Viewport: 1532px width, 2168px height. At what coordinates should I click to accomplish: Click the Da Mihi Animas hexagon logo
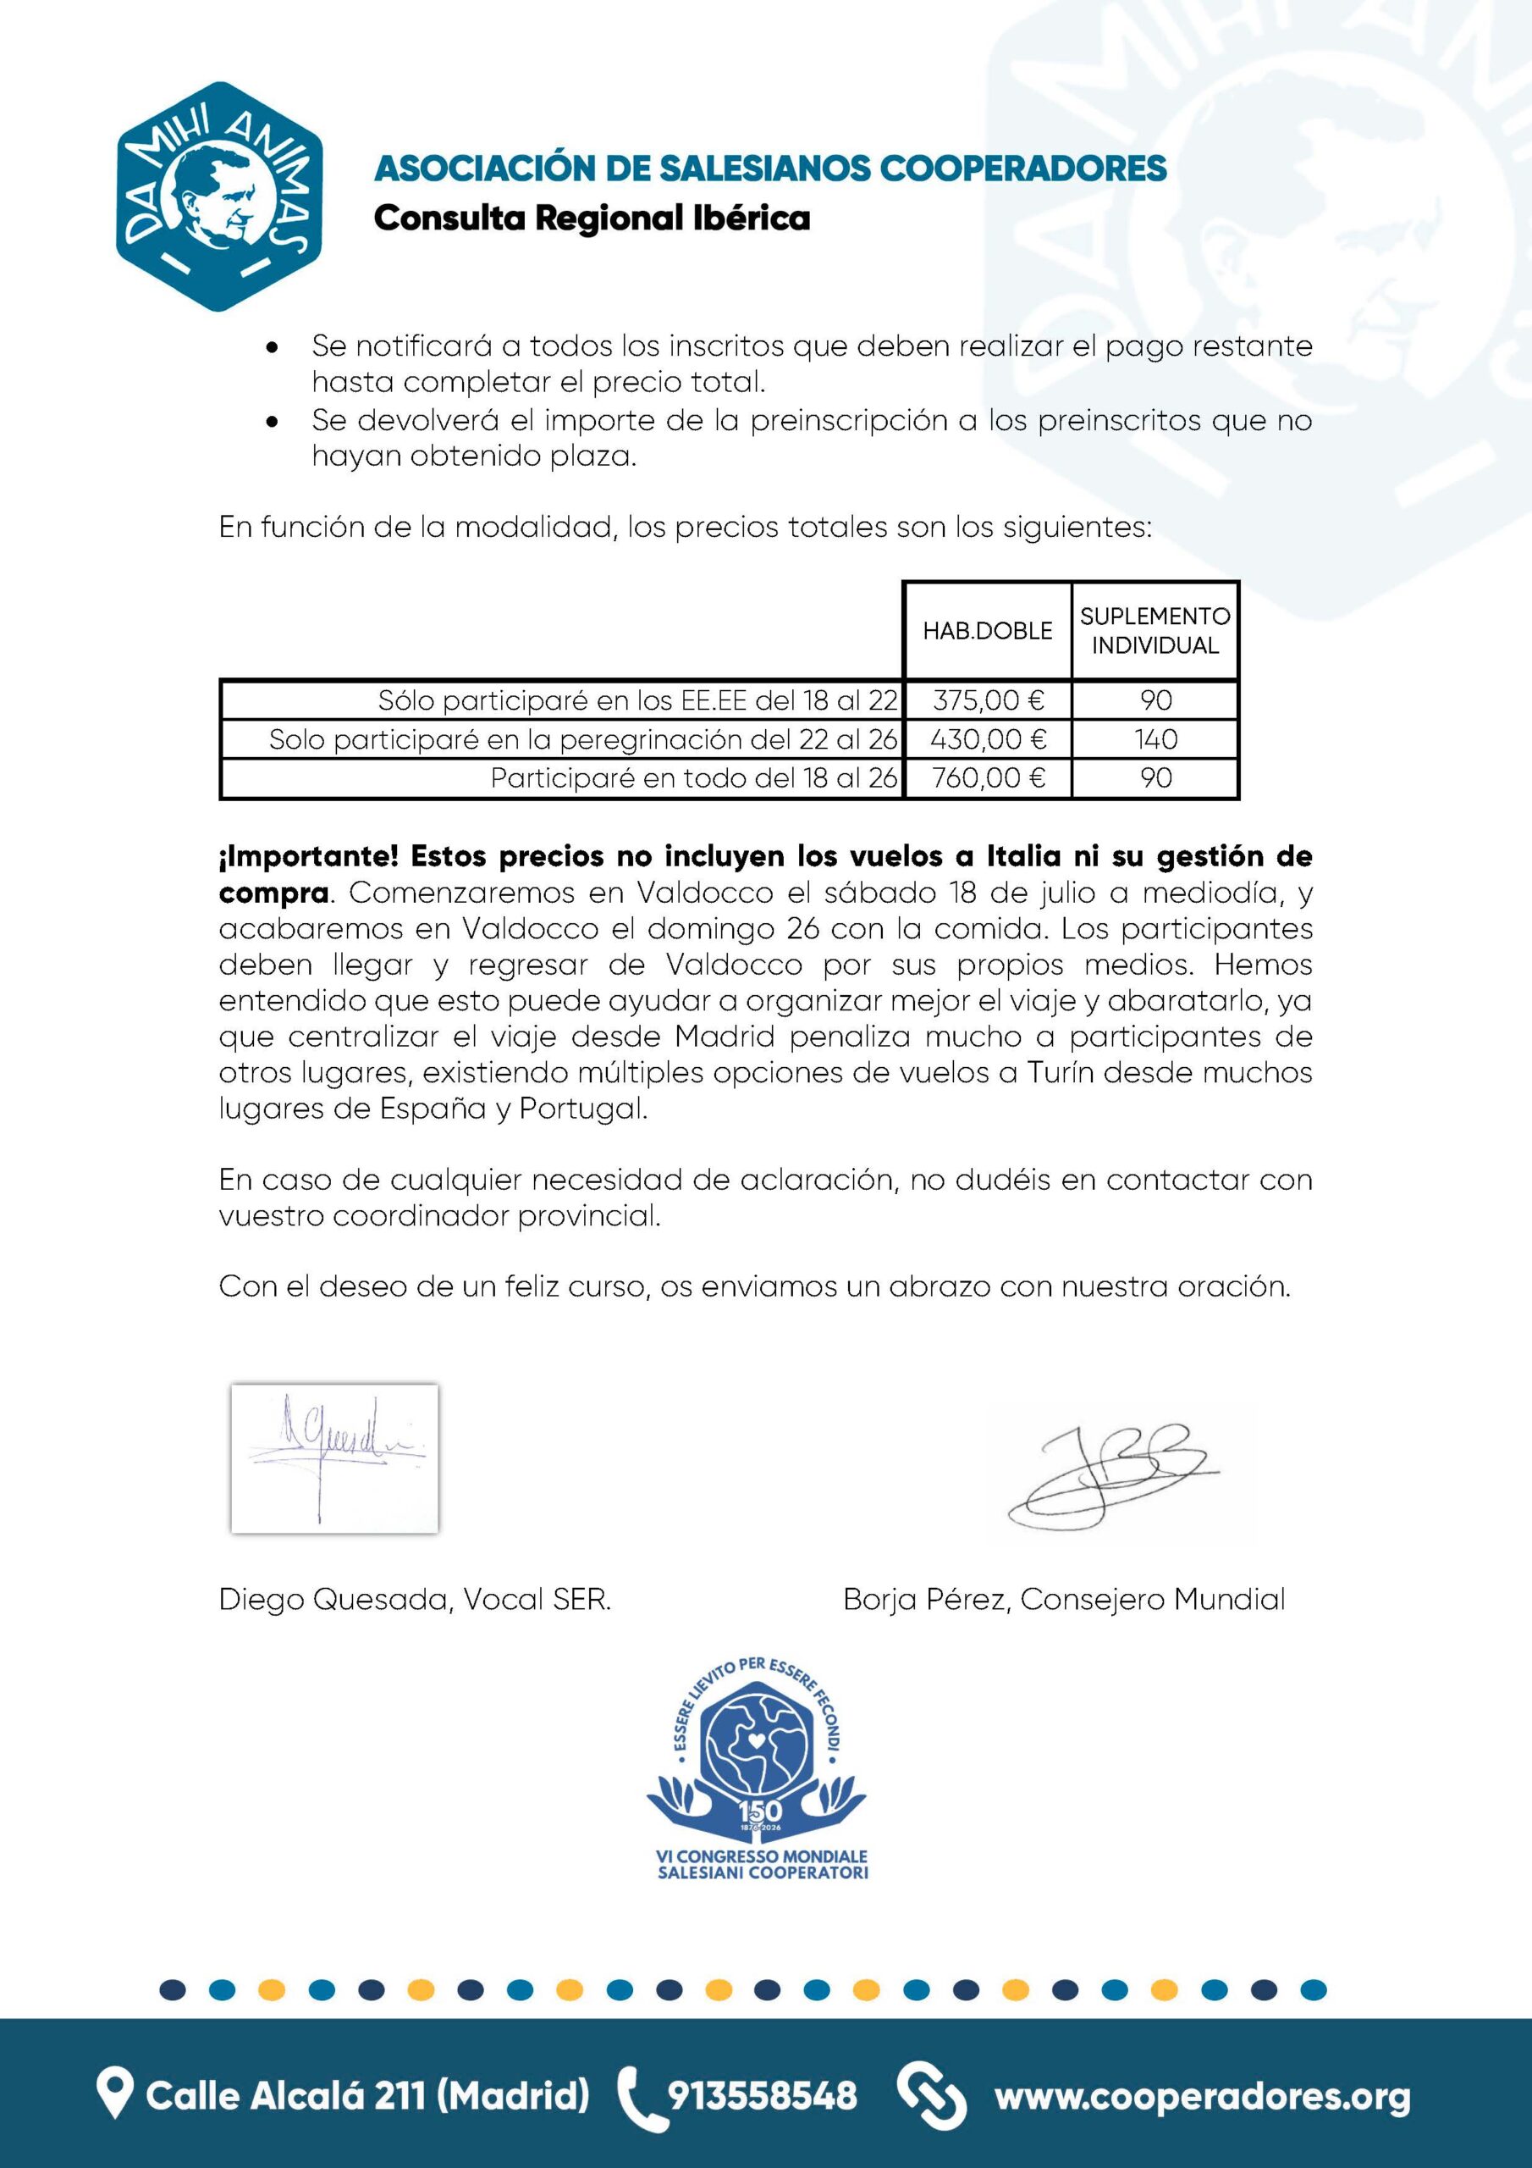tap(220, 196)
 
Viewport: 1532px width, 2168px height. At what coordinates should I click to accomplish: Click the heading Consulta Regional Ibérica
tap(592, 219)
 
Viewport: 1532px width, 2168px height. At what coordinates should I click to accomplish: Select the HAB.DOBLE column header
tap(988, 631)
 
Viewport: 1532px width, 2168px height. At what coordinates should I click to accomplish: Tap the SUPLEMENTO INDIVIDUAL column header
tap(1155, 631)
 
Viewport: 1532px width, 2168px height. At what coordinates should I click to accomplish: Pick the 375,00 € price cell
tap(988, 700)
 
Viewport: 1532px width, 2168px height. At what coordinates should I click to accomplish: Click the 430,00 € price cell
tap(988, 739)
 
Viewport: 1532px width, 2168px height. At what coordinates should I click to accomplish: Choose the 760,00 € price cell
tap(988, 778)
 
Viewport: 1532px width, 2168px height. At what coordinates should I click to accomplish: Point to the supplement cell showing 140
tap(1155, 739)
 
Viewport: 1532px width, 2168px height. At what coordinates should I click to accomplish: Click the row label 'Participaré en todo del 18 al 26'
tap(694, 778)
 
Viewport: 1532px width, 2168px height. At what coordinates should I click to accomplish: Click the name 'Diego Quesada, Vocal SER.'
tap(416, 1600)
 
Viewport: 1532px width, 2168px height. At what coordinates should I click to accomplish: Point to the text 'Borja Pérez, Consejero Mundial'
tap(1064, 1600)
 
